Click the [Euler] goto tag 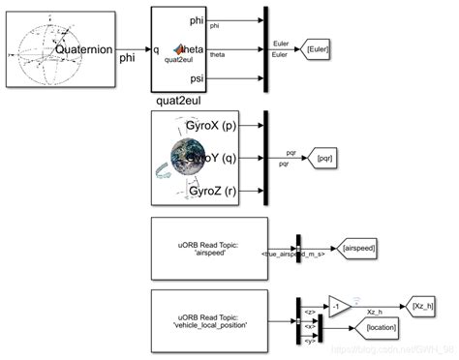pos(321,47)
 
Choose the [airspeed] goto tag pos(358,248)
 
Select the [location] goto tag pos(385,329)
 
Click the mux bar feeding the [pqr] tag pos(266,157)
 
